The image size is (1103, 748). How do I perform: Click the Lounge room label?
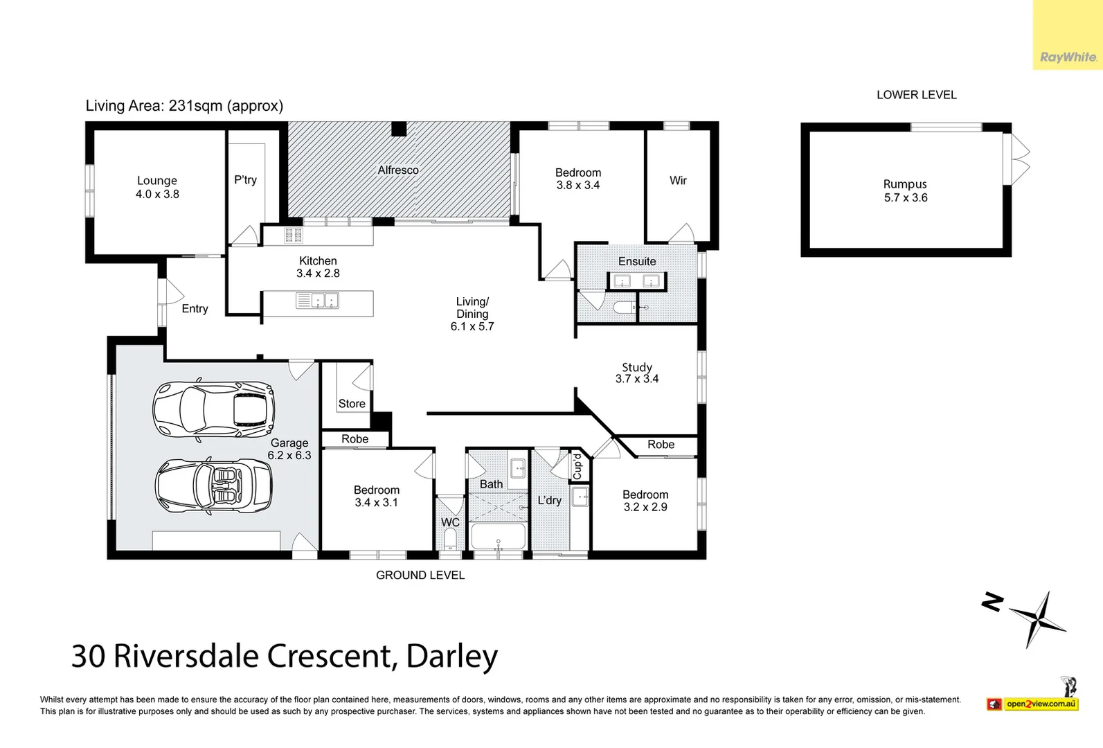pyautogui.click(x=157, y=181)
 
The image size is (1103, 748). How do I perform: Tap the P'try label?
pyautogui.click(x=245, y=180)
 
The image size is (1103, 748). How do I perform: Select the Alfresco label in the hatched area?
pyautogui.click(x=398, y=170)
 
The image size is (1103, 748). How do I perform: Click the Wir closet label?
pyautogui.click(x=678, y=181)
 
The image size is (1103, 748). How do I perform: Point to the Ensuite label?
pyautogui.click(x=637, y=262)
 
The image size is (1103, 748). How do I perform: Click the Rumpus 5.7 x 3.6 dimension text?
pyautogui.click(x=906, y=198)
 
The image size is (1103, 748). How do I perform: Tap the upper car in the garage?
pyautogui.click(x=213, y=409)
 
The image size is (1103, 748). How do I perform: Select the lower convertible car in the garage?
pyautogui.click(x=213, y=485)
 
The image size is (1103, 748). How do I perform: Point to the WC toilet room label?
pyautogui.click(x=450, y=523)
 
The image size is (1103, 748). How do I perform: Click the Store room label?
pyautogui.click(x=352, y=404)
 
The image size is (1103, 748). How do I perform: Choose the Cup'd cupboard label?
pyautogui.click(x=577, y=466)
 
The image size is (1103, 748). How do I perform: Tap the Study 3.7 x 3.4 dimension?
pyautogui.click(x=637, y=379)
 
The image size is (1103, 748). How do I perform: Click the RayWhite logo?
pyautogui.click(x=1068, y=57)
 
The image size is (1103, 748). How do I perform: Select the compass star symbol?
pyautogui.click(x=1039, y=618)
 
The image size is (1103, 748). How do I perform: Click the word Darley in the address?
pyautogui.click(x=451, y=656)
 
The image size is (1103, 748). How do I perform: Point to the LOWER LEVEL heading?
pyautogui.click(x=916, y=95)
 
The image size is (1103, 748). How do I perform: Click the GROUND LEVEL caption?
pyautogui.click(x=420, y=576)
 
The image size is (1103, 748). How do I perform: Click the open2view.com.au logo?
pyautogui.click(x=1041, y=704)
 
